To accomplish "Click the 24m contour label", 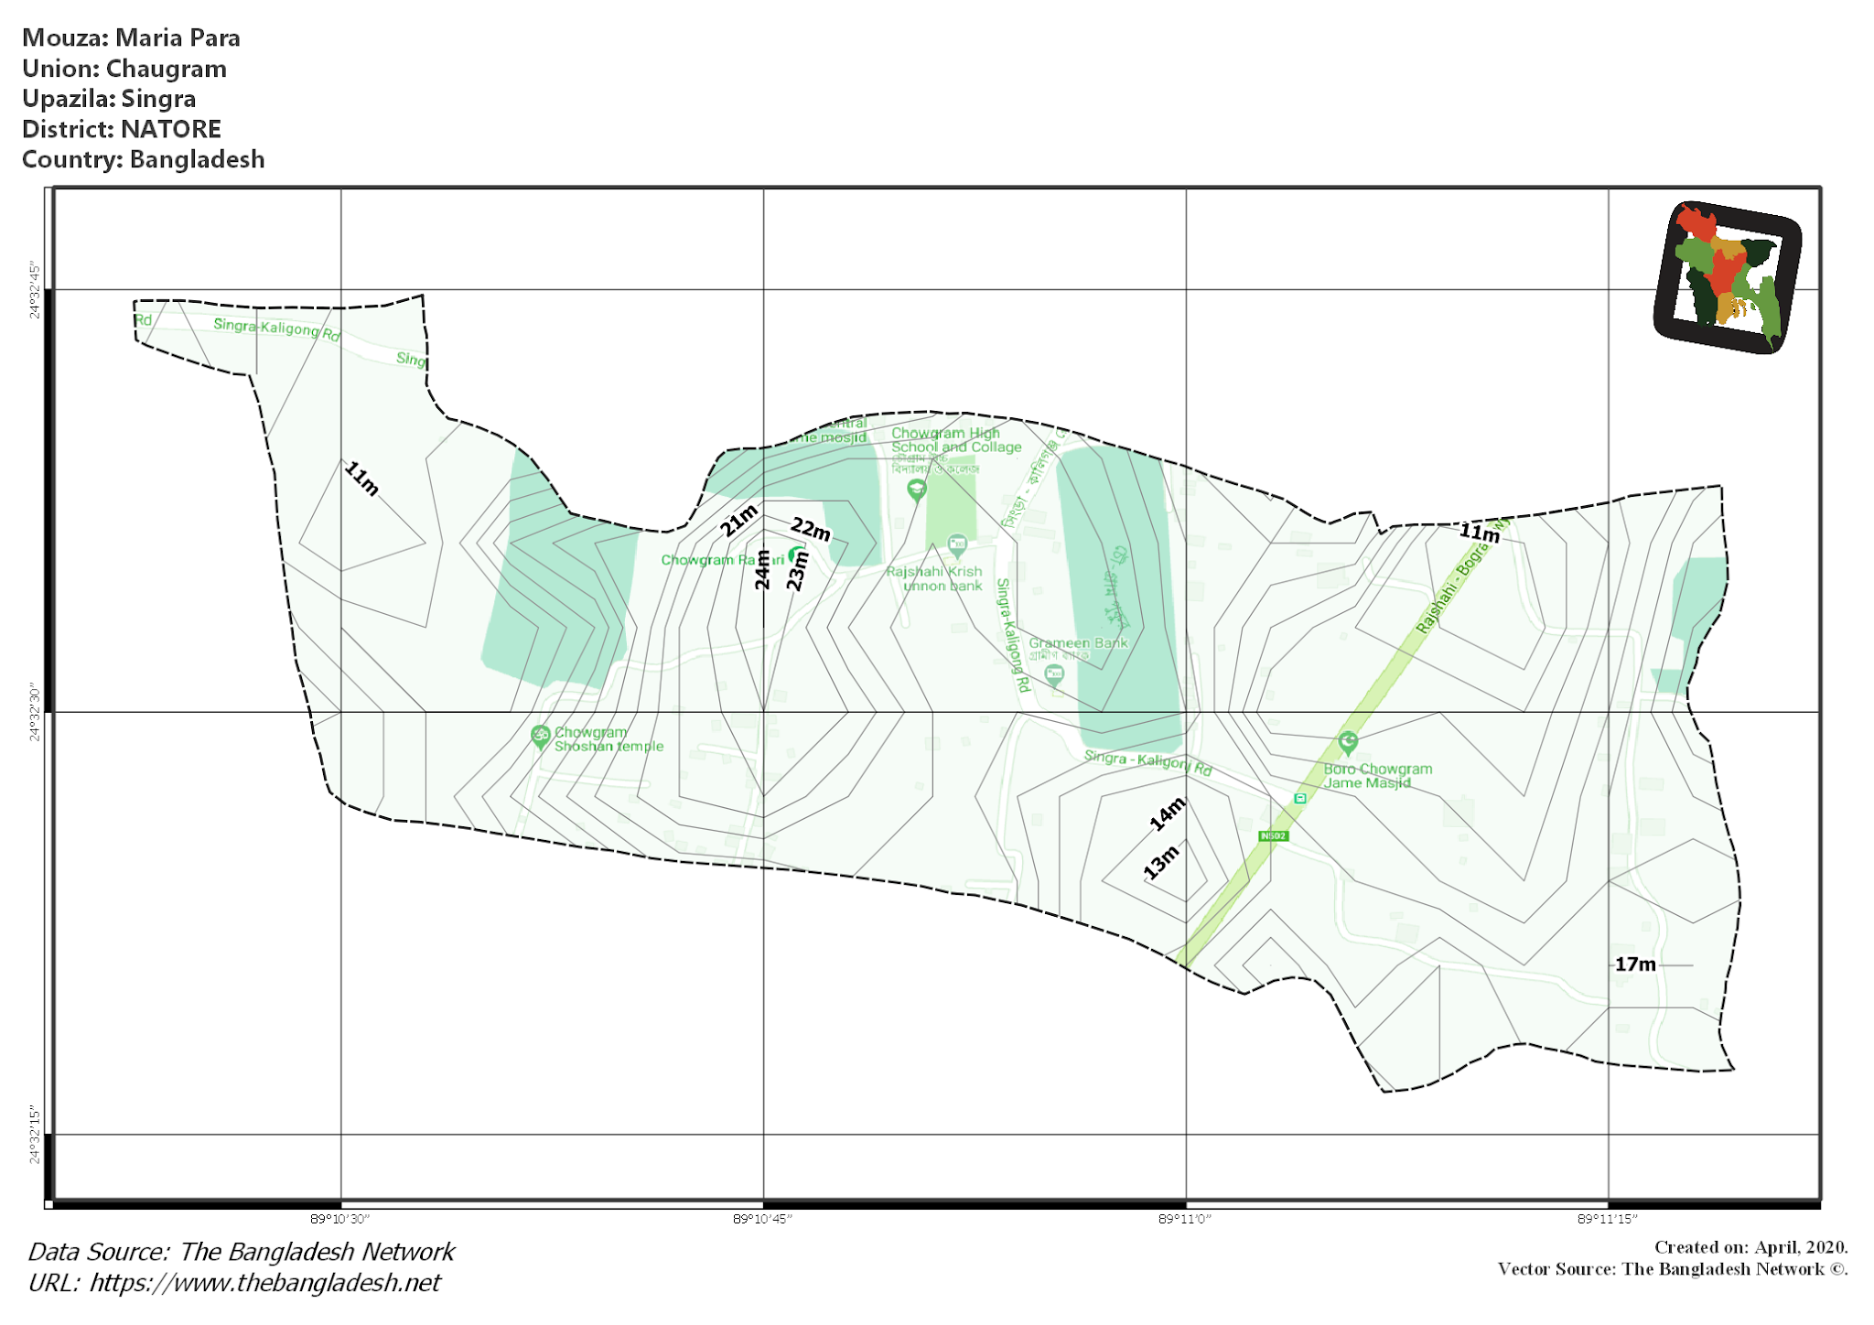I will (762, 569).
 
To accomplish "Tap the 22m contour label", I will (811, 529).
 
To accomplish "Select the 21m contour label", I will (738, 520).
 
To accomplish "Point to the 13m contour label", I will (1161, 862).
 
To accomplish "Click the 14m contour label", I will (1168, 813).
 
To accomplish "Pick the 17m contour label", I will (1634, 964).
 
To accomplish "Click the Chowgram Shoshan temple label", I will (609, 739).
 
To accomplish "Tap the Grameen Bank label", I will (1078, 643).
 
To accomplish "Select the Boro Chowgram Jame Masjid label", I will (1377, 776).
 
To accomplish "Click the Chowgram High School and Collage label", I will (956, 440).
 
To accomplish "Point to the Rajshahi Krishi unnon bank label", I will (934, 578).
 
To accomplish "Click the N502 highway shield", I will (1273, 836).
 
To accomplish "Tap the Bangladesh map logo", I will (1728, 276).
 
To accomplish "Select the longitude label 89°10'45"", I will (762, 1219).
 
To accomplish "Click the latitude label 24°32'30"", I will (35, 711).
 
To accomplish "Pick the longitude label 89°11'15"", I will (1608, 1219).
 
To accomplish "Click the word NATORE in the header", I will (171, 129).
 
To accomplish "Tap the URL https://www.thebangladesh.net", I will (264, 1283).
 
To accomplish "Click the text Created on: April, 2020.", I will (1750, 1247).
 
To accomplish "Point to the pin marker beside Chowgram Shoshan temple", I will (540, 736).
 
